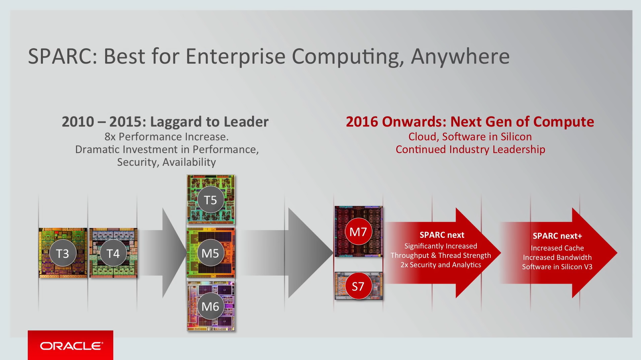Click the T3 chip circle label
63,253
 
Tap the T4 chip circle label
113,253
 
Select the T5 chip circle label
210,200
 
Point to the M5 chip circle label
210,253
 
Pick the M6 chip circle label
210,307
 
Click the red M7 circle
358,232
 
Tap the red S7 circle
358,286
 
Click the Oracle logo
71,346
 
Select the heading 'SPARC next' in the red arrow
442,235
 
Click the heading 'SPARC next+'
557,236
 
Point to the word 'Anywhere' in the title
460,56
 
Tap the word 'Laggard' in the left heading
176,122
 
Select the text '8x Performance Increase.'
166,137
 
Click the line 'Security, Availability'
166,162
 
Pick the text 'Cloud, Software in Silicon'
470,137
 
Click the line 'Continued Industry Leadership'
470,149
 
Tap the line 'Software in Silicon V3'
557,267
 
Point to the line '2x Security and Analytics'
441,265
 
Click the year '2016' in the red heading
362,122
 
